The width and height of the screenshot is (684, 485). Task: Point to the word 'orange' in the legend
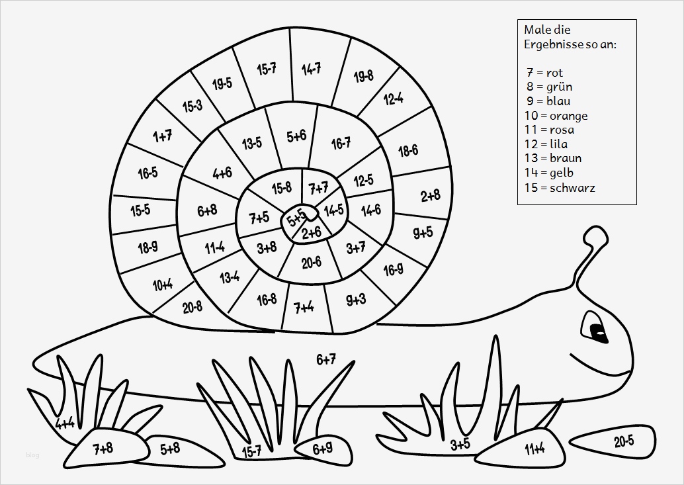(568, 116)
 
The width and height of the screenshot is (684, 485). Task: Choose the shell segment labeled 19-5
(222, 83)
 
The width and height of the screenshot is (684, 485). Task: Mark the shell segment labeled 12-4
(393, 99)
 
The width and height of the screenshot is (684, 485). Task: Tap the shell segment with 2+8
(430, 195)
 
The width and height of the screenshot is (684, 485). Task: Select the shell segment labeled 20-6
(311, 262)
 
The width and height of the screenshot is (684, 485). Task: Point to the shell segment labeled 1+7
(162, 136)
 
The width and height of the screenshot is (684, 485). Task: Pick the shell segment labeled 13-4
(229, 277)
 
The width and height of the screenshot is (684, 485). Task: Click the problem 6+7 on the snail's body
(326, 359)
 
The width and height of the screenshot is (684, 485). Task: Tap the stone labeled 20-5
(623, 441)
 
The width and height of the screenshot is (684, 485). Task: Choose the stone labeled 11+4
(534, 449)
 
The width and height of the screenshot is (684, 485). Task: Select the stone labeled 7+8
(103, 449)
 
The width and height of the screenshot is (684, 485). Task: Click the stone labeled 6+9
(321, 449)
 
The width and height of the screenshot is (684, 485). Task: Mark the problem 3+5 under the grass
(460, 443)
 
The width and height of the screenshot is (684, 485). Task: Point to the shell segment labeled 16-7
(341, 143)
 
